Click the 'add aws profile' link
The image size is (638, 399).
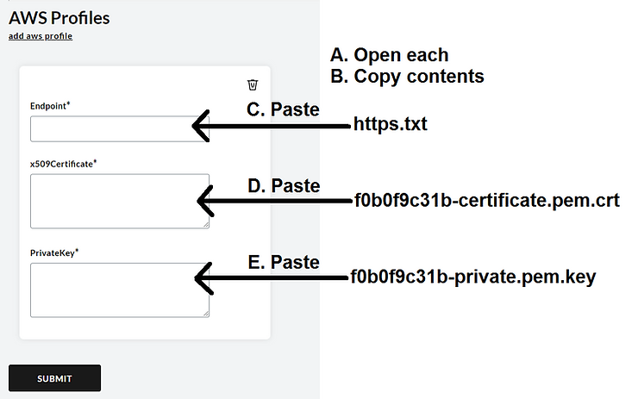tap(41, 36)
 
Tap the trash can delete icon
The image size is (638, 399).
tap(252, 84)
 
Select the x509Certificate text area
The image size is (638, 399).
tap(119, 201)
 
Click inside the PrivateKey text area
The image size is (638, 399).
tap(119, 290)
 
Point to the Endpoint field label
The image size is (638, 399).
tap(50, 105)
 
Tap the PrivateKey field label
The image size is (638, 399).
tap(54, 252)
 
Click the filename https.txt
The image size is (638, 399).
tap(391, 125)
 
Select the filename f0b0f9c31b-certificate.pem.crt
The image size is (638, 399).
tap(486, 201)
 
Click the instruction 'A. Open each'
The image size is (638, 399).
tap(389, 55)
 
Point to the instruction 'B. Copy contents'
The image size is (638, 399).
tap(407, 76)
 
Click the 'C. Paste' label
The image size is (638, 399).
tap(283, 110)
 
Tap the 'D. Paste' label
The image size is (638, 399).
tap(283, 186)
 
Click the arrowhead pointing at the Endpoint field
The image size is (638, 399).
tap(201, 126)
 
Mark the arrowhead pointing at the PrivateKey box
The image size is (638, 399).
tap(204, 277)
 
